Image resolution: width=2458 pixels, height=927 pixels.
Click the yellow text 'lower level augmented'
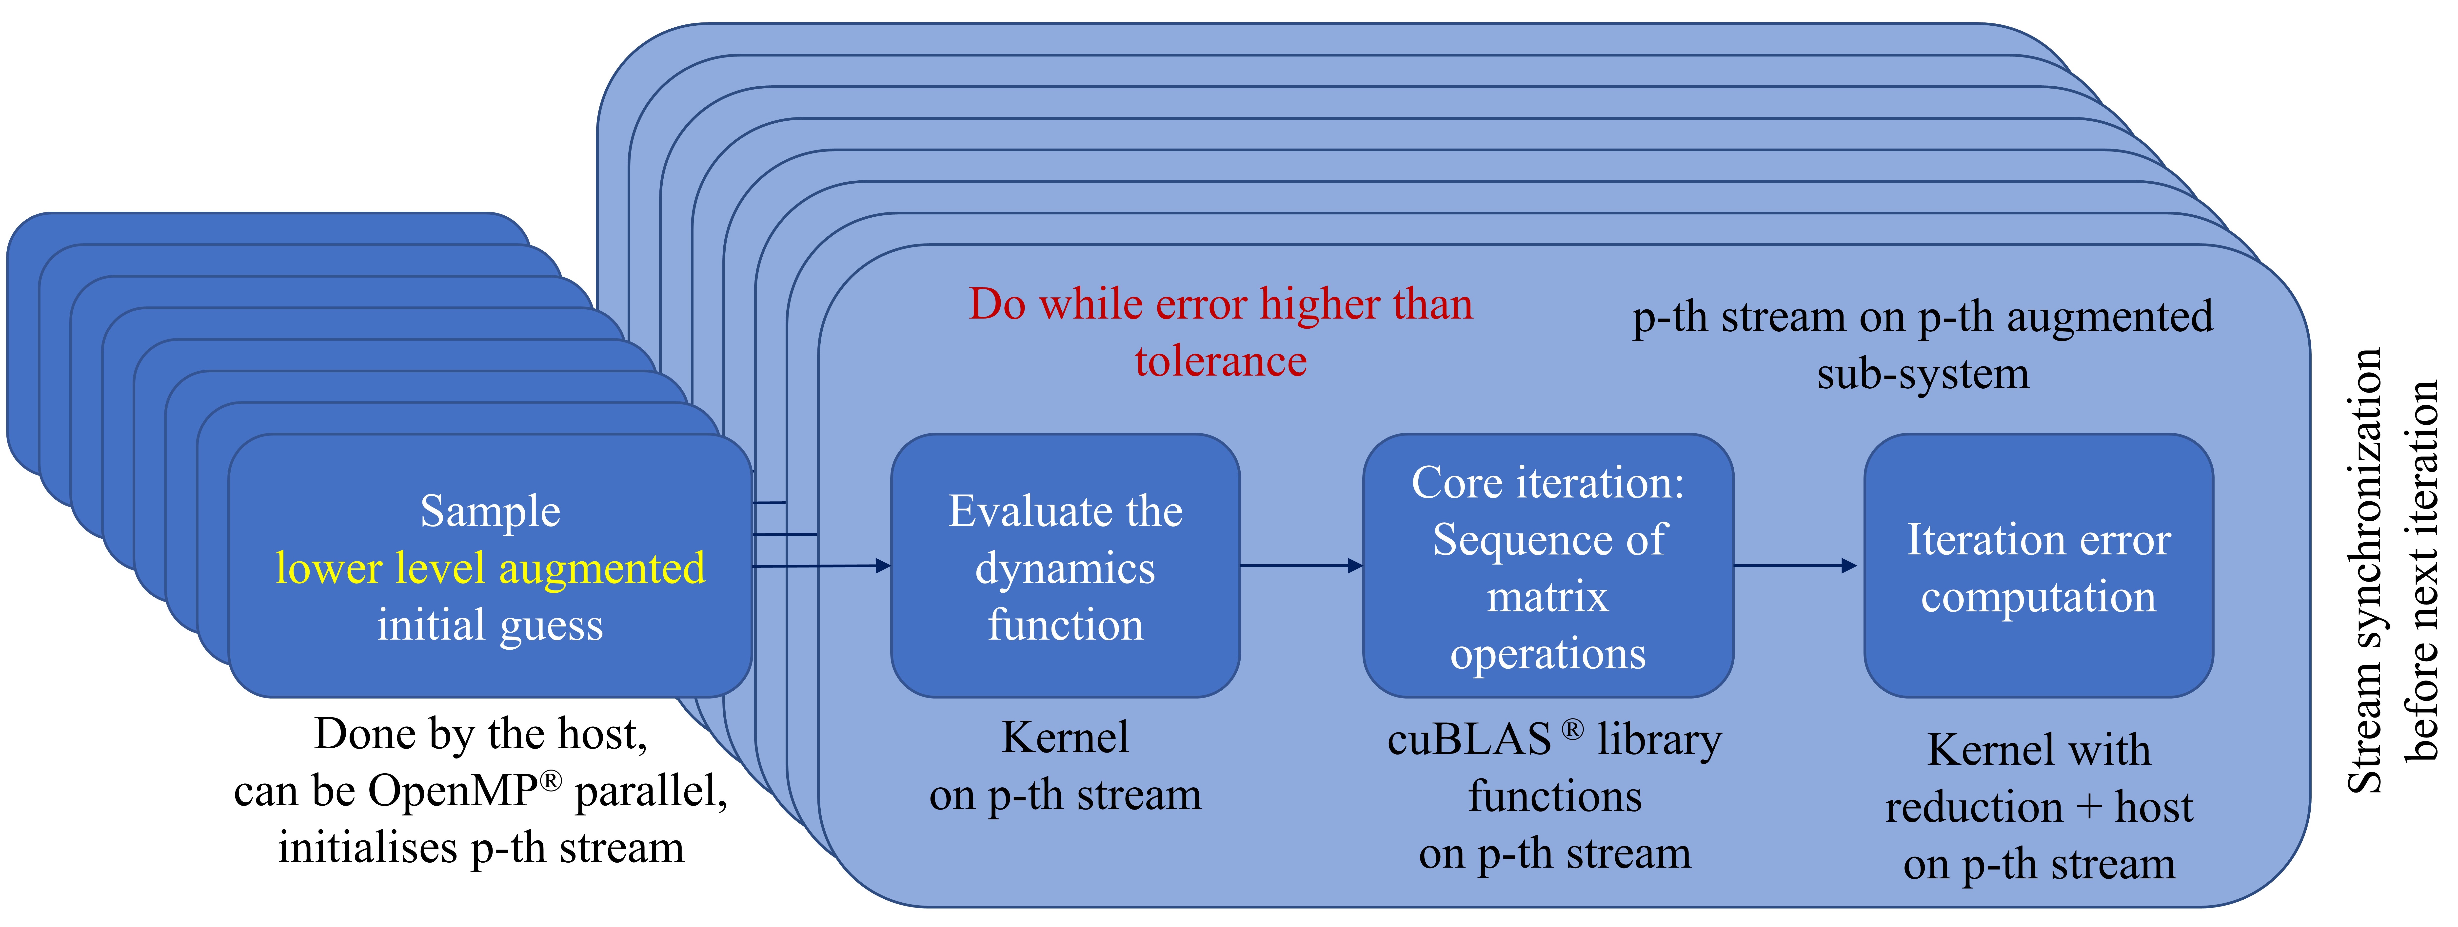point(491,569)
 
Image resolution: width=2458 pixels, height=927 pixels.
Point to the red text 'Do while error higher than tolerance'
point(1220,332)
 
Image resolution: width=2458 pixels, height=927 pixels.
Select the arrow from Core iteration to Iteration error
point(1794,566)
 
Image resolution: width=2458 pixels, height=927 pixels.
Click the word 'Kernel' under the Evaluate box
point(1065,737)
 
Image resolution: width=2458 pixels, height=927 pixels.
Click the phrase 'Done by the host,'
point(481,734)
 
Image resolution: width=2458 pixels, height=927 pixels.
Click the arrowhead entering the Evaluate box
point(883,566)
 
